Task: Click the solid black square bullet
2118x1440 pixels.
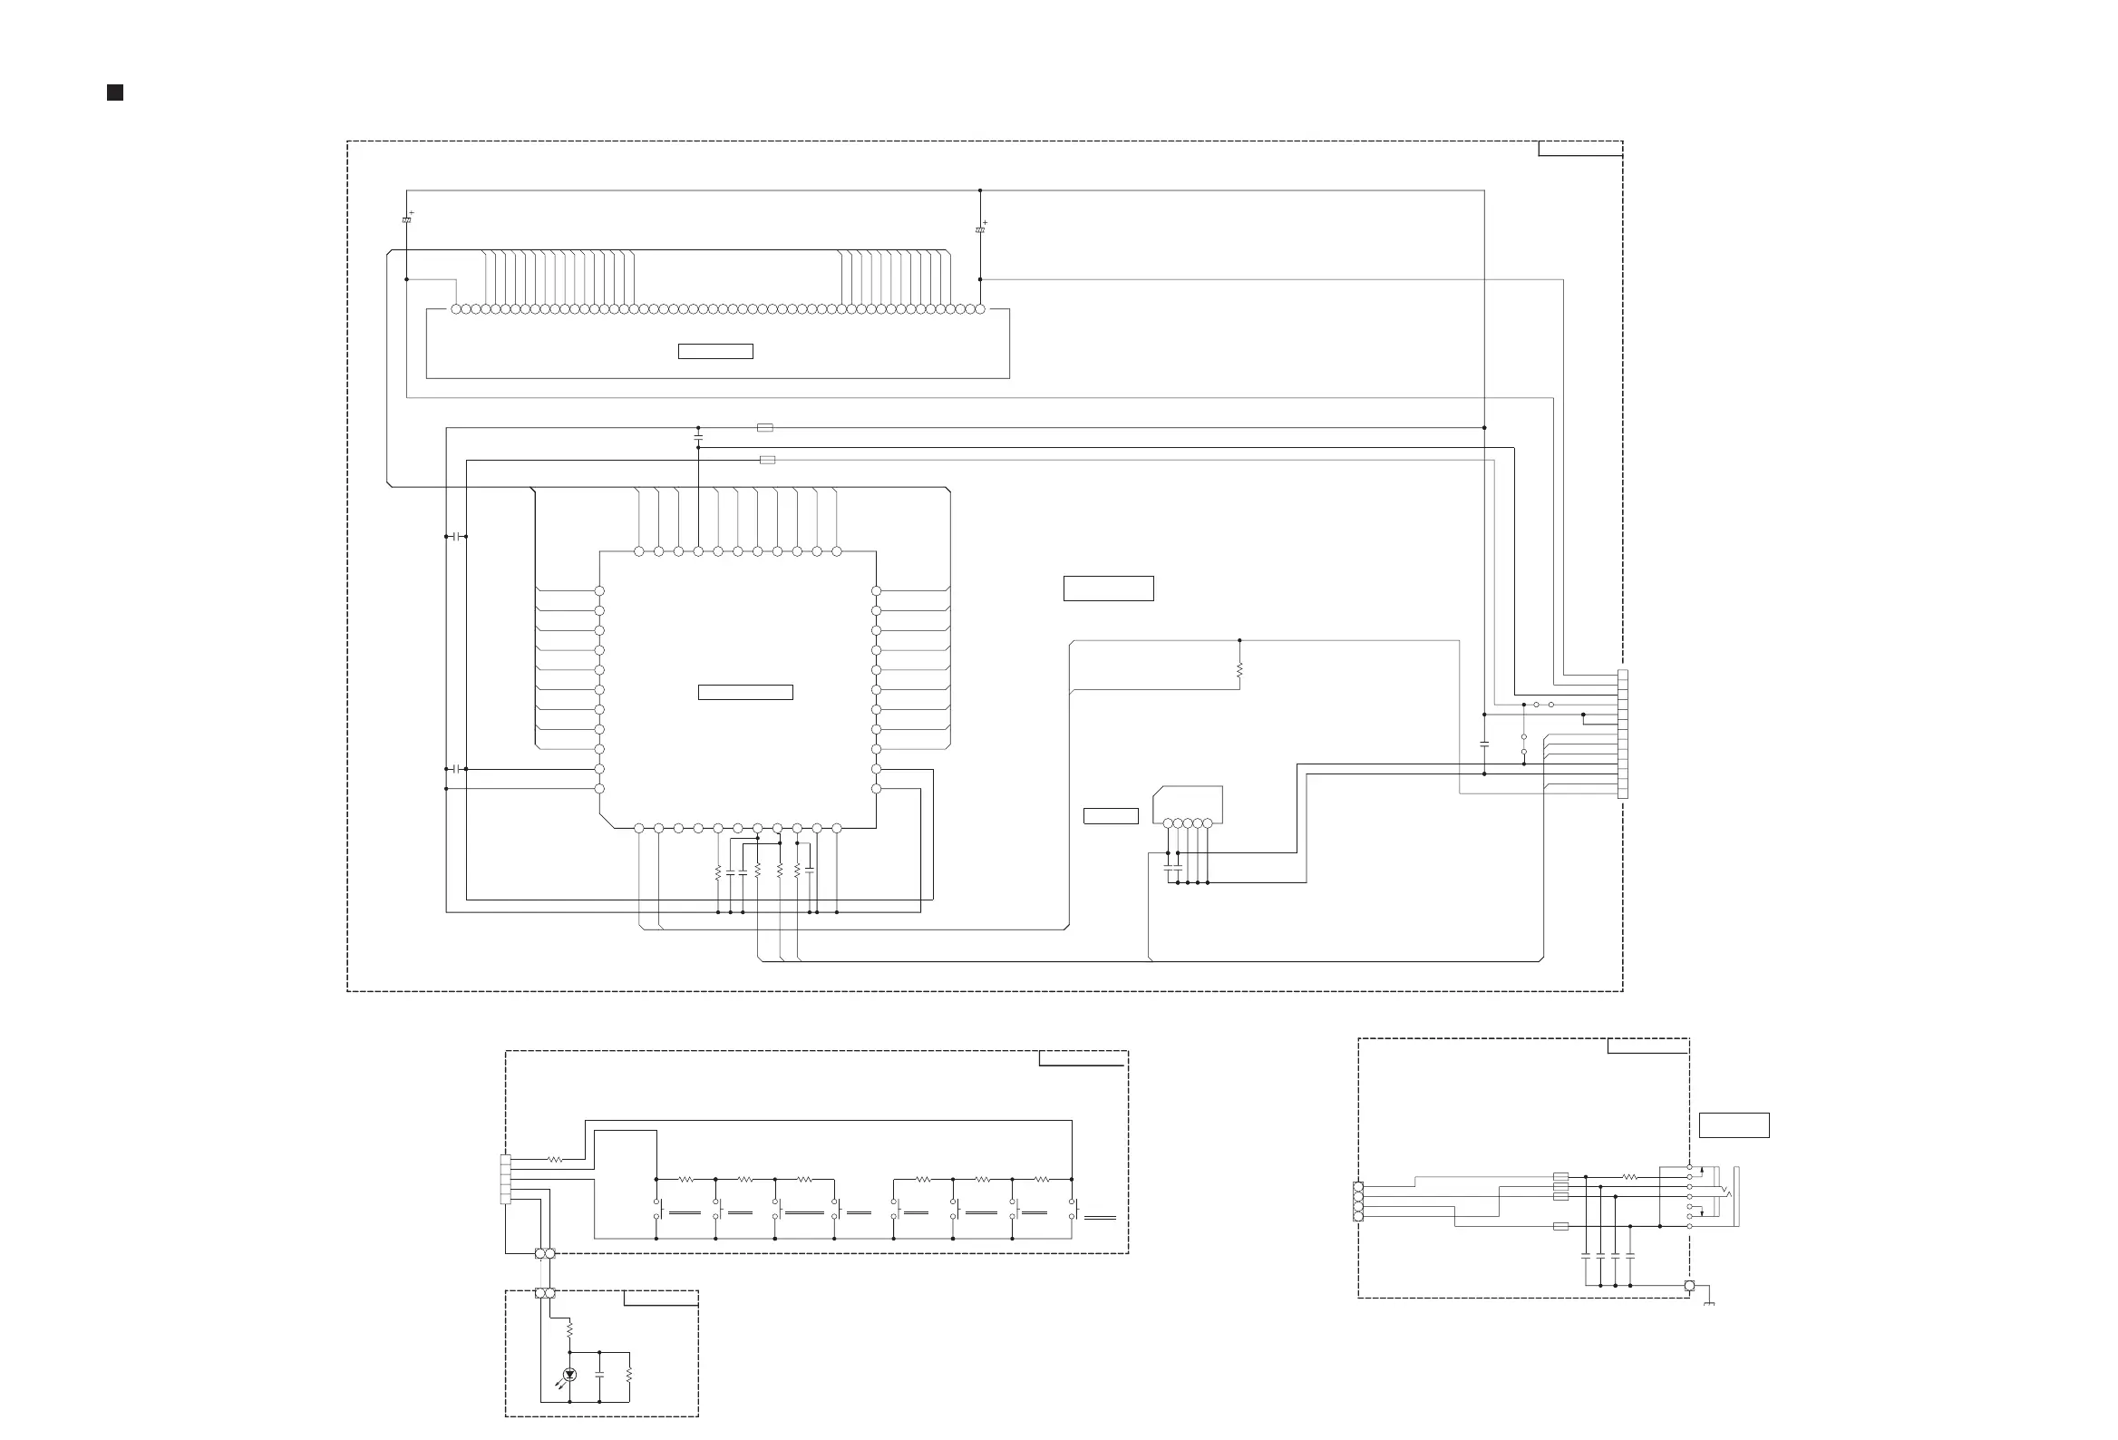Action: [x=115, y=92]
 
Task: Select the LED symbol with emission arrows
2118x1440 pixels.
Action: [x=569, y=1375]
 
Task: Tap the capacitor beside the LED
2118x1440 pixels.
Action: [x=599, y=1374]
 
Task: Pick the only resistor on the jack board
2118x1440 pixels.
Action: [x=1630, y=1178]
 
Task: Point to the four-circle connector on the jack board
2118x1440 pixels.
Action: [x=1358, y=1202]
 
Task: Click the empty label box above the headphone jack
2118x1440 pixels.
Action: [x=1734, y=1125]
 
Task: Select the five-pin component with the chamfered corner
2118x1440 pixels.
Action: [x=1188, y=806]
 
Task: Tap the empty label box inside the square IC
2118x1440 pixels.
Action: [x=744, y=693]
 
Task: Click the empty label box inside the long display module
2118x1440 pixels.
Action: [x=715, y=351]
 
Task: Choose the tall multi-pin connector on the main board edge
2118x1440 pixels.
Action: [x=1622, y=734]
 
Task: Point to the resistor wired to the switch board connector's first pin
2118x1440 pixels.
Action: [x=555, y=1160]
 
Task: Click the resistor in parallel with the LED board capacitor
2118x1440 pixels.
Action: [x=629, y=1375]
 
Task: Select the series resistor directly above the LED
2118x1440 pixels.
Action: [x=569, y=1330]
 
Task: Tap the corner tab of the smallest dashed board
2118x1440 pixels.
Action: [x=661, y=1298]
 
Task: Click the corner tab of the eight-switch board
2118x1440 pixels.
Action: [x=1083, y=1058]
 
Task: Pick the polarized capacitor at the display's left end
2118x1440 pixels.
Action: [x=406, y=219]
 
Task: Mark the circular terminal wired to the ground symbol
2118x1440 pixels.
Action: [x=1689, y=1286]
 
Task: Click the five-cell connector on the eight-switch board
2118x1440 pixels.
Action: [x=506, y=1180]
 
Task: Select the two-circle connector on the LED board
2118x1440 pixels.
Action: [x=545, y=1293]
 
